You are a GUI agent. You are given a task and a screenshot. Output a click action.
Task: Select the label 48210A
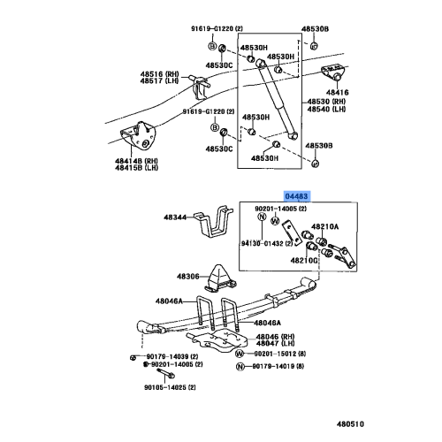pos(324,226)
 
